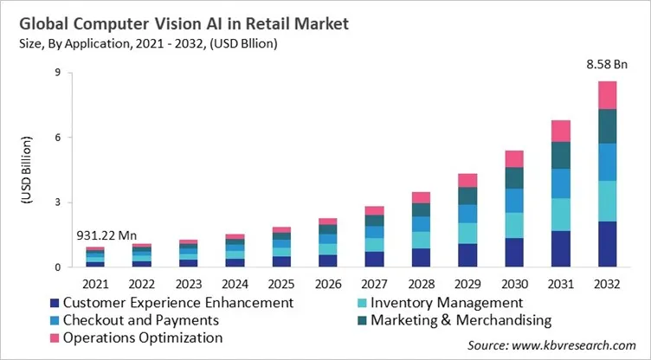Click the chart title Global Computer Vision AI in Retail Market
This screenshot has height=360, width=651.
tap(180, 24)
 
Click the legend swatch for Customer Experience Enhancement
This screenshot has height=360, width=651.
tap(55, 303)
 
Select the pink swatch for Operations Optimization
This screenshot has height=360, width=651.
tap(55, 337)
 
